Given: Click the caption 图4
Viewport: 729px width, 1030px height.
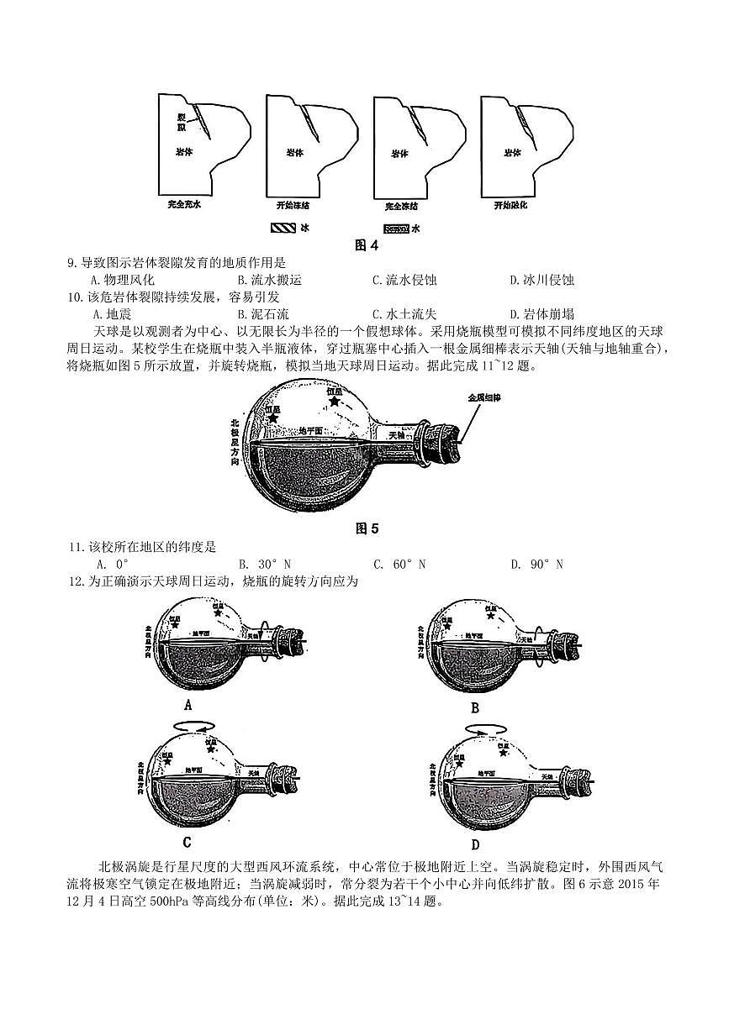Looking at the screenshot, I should coord(367,245).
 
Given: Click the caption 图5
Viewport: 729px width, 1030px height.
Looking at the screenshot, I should coord(367,528).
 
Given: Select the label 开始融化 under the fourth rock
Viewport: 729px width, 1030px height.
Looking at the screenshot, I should coord(511,205).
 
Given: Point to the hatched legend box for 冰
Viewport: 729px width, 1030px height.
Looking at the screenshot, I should coord(282,228).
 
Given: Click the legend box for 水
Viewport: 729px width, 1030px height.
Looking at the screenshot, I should coord(396,228).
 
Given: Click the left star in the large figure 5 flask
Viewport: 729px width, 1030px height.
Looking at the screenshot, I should coord(272,417).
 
